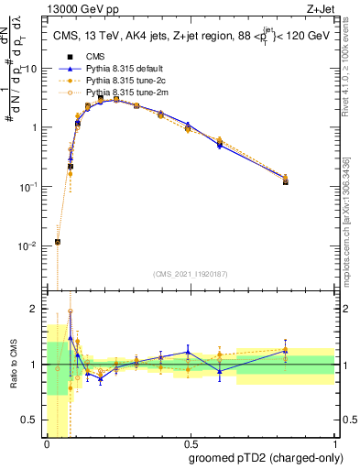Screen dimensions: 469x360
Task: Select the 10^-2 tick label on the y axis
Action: (x=29, y=245)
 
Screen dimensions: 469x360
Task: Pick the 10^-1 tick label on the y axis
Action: (x=29, y=186)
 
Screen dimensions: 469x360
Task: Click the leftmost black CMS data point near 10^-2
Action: (x=58, y=242)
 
